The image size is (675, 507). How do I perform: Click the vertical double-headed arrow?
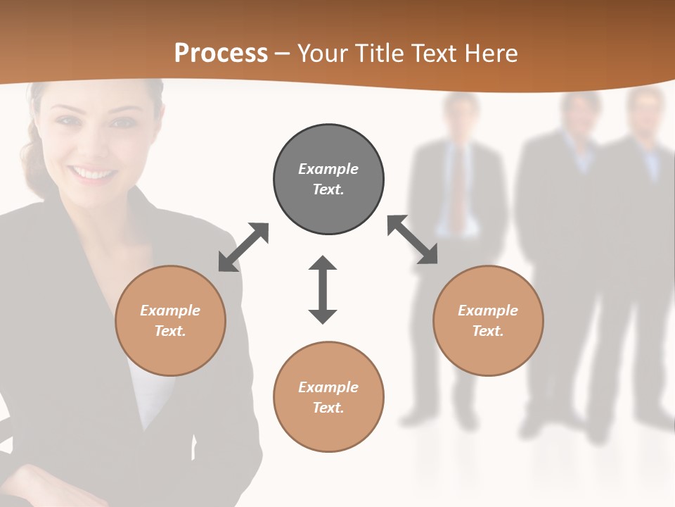coord(323,289)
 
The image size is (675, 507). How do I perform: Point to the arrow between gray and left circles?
coord(243,246)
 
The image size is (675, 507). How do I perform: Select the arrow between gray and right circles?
coord(413,239)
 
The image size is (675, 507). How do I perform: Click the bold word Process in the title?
coord(221,53)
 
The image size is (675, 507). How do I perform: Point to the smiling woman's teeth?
coord(94,173)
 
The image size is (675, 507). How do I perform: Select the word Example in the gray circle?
coord(328,169)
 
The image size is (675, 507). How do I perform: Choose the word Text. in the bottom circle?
coord(328,408)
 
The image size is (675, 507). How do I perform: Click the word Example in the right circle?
coord(488,311)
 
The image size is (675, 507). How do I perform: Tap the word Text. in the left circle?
coord(170,331)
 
